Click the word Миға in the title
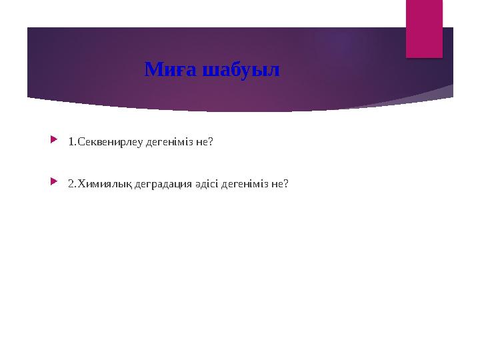[166, 69]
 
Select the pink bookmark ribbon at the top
[425, 27]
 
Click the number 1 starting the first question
[71, 142]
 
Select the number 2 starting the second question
[71, 183]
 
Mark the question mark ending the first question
[211, 142]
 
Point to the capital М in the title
[153, 69]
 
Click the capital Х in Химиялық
[81, 183]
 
